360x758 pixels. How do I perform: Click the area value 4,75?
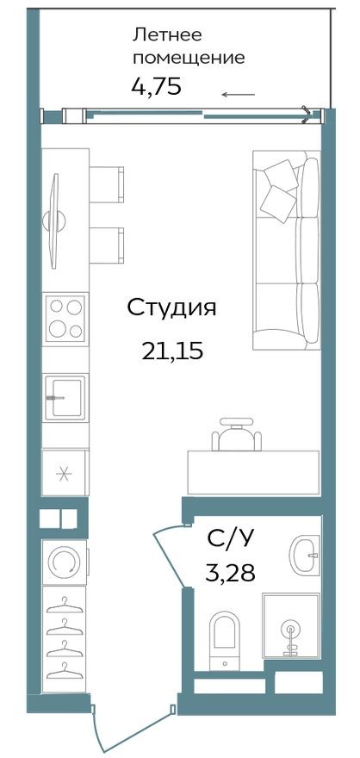[156, 87]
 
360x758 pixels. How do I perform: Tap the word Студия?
[171, 308]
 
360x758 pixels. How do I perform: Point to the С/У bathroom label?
[230, 540]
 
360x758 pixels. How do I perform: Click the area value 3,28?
[230, 573]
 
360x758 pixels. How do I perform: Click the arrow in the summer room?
[238, 95]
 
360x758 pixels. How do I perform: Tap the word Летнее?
[167, 35]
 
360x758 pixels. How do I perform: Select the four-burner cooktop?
[65, 319]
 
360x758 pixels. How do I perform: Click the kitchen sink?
[65, 396]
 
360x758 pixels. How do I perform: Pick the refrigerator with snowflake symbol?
[65, 473]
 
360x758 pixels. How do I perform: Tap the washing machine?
[65, 562]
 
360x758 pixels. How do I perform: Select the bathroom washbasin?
[306, 556]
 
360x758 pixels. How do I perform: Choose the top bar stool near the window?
[108, 183]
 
